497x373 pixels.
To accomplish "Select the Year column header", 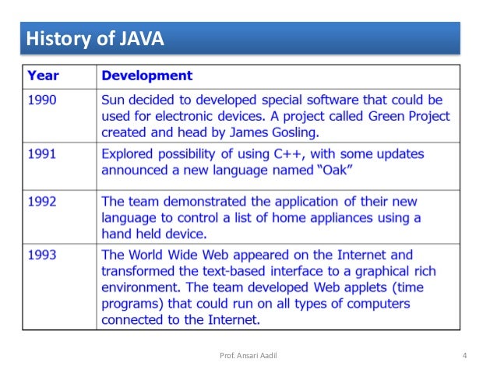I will (x=44, y=76).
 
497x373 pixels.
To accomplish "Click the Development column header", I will (x=147, y=76).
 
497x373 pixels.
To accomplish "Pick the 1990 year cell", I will (x=42, y=100).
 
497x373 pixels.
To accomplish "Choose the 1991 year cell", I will (x=42, y=154).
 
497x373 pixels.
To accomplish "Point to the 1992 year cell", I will (x=42, y=202).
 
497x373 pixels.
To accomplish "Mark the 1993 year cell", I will (x=42, y=255).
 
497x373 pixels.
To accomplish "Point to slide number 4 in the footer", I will (x=464, y=357).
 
